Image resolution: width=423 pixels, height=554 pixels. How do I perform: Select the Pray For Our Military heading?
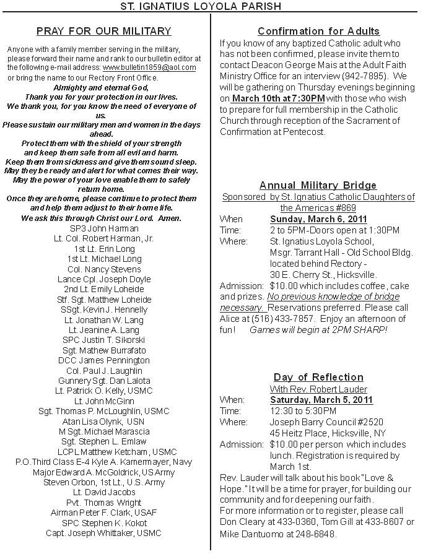click(x=103, y=31)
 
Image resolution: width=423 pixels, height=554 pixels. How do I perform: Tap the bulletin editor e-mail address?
click(x=149, y=67)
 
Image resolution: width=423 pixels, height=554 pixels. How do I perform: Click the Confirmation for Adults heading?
click(x=318, y=31)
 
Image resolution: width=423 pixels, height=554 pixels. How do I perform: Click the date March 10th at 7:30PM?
click(x=278, y=98)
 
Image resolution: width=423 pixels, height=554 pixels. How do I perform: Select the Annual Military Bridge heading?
click(x=318, y=185)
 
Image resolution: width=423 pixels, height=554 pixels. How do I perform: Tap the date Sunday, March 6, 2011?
click(x=318, y=219)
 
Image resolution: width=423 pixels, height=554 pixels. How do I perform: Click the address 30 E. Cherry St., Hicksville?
click(x=323, y=274)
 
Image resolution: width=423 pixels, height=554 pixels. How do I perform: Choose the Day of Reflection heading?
click(x=318, y=377)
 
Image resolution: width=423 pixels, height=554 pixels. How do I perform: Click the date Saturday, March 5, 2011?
click(x=321, y=400)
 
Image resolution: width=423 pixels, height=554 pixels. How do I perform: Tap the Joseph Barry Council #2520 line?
click(x=318, y=422)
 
